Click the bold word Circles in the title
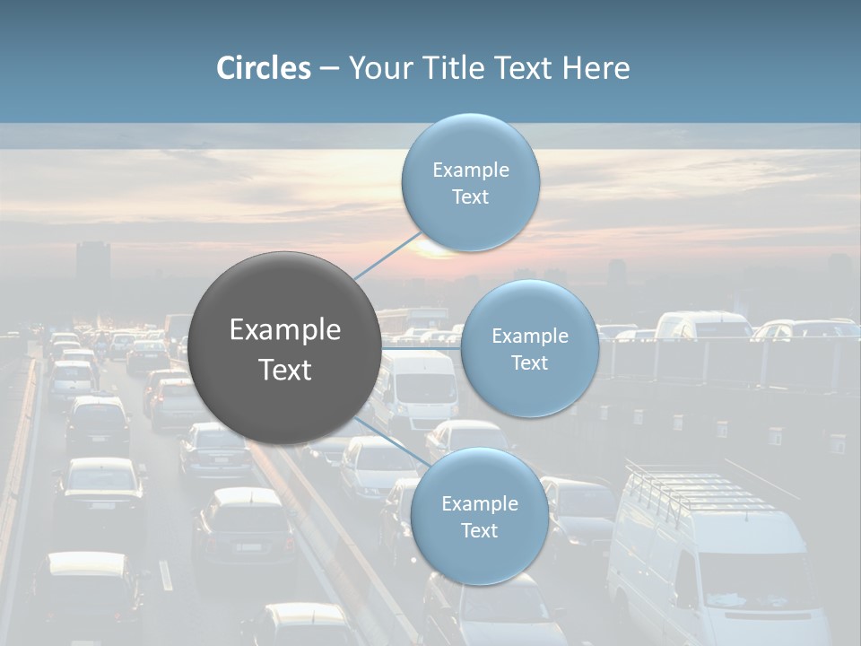click(x=264, y=68)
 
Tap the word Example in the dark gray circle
click(x=285, y=330)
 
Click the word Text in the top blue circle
click(x=470, y=197)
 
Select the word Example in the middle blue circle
click(x=529, y=336)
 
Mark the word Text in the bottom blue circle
click(x=479, y=531)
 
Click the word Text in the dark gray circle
click(x=285, y=370)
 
